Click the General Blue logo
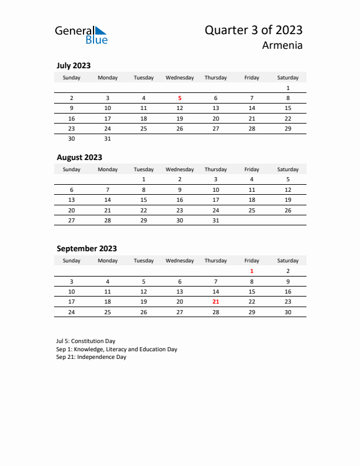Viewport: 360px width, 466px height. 81,35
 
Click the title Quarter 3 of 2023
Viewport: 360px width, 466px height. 254,30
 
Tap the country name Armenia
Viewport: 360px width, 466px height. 283,45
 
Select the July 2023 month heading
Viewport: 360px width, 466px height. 74,66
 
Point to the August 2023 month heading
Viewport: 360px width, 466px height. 79,157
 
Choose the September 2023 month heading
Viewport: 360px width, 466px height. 86,248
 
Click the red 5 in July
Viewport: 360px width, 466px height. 179,98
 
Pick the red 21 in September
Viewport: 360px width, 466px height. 215,301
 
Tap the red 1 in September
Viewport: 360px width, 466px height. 252,271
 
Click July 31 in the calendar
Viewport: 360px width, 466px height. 108,139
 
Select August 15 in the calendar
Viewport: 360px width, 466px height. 144,199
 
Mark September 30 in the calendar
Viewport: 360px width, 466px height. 288,312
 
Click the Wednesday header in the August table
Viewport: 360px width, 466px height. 179,169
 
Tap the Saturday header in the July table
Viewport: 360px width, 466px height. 288,78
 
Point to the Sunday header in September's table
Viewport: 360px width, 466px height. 72,261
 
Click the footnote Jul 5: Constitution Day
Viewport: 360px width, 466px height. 86,341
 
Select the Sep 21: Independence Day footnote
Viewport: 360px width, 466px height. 91,357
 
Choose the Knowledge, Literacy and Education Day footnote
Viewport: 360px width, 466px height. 116,349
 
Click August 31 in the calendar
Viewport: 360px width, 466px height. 215,220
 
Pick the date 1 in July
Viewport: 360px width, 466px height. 288,88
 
